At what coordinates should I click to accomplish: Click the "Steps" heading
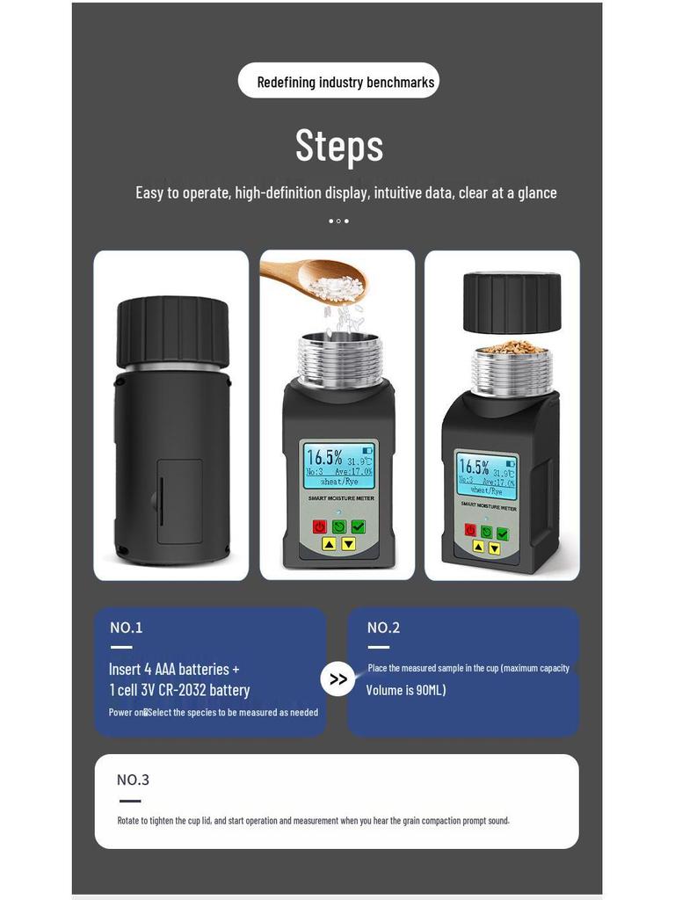coord(339,146)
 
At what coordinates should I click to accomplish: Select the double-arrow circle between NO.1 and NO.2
coord(337,679)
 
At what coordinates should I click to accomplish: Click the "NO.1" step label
coord(127,628)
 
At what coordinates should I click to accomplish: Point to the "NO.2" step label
coord(383,628)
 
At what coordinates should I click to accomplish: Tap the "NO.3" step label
coord(134,780)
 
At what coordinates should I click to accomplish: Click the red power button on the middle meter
coord(319,526)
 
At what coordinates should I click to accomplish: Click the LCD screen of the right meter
coord(485,475)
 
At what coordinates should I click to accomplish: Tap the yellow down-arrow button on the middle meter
coord(348,544)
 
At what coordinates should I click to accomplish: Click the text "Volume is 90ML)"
coord(406,690)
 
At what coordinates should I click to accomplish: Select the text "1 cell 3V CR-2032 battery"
coord(179,690)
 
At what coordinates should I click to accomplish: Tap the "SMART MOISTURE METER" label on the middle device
coord(340,498)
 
